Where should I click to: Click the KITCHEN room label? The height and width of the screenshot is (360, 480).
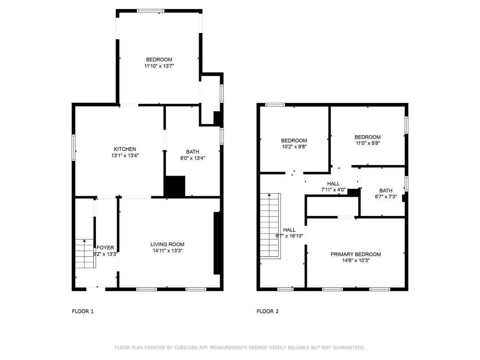pos(124,149)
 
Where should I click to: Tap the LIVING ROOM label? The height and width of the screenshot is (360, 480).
pos(167,244)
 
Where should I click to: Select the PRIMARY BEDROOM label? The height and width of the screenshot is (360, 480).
pos(355,254)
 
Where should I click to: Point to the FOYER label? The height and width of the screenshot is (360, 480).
pos(105,247)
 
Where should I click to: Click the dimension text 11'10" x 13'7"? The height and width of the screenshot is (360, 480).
pos(159,66)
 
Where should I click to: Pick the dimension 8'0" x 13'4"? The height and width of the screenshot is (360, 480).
pos(192,158)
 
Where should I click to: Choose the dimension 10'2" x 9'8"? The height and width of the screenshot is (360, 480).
pos(294,147)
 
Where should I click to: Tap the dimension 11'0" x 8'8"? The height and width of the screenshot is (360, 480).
pos(367,143)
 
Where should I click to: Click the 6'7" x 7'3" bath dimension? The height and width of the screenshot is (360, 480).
pos(386,196)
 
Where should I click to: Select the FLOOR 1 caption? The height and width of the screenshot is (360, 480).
pos(82,311)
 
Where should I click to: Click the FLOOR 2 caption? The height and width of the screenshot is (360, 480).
pos(268,311)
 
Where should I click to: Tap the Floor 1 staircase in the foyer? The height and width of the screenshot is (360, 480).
pos(85,253)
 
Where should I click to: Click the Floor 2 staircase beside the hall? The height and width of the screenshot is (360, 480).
pos(270,226)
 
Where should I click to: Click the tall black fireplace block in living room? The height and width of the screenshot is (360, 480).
pos(217,243)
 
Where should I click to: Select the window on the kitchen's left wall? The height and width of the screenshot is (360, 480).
pos(73,148)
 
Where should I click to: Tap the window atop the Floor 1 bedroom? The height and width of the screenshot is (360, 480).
pos(150,11)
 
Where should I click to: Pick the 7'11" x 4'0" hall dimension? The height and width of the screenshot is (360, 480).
pos(333,190)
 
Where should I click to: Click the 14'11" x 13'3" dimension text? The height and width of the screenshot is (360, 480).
pos(168,251)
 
